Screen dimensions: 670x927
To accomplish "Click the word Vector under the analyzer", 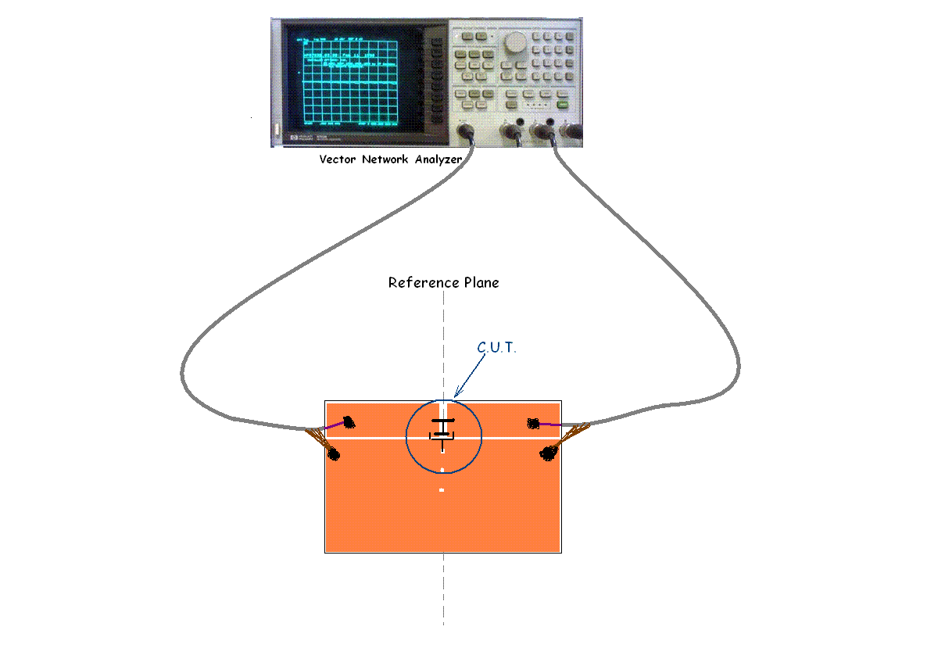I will pos(338,159).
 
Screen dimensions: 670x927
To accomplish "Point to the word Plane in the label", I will pos(480,283).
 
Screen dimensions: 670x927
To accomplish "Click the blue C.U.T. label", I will pos(498,346).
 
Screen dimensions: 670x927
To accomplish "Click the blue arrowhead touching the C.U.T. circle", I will pos(457,392).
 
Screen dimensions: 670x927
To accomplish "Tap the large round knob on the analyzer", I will pos(514,43).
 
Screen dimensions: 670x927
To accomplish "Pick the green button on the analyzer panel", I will pos(562,103).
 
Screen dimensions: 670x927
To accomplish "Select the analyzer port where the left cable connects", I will pos(468,132).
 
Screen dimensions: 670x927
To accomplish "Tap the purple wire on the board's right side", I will pos(550,425).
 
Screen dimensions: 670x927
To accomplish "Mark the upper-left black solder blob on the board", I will pos(349,423).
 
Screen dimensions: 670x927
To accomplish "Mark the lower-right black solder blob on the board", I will pos(548,453).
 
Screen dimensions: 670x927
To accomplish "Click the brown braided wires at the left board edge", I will pos(319,439).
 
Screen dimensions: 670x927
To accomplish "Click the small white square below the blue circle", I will pos(442,490).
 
